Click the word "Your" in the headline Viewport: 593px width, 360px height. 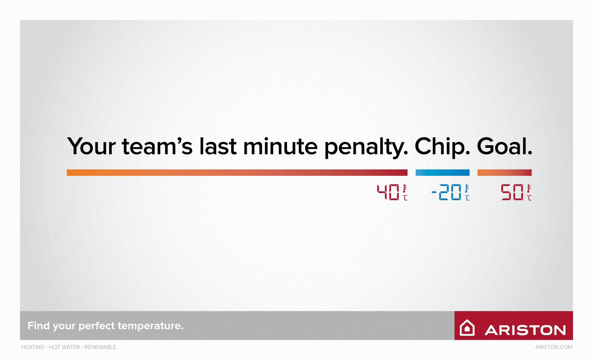coord(91,146)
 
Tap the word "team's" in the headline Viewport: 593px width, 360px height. coord(157,146)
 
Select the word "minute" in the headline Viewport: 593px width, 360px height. coord(280,146)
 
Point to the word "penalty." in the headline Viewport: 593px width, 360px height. coord(366,147)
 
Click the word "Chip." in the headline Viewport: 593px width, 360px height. coord(442,147)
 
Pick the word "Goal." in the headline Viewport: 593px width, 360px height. coord(505,146)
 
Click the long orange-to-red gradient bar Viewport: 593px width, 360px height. coord(237,173)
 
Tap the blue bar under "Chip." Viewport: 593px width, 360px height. coord(443,173)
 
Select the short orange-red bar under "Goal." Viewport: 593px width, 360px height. coord(505,173)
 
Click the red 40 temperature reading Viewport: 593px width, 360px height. coord(388,192)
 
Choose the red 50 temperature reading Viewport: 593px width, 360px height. coord(512,192)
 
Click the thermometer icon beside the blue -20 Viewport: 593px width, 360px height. coord(467,189)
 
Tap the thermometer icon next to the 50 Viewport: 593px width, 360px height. coord(529,189)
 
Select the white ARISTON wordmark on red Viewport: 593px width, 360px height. coord(525,330)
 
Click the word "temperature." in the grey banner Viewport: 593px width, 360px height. coord(151,326)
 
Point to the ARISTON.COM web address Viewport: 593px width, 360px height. coord(554,347)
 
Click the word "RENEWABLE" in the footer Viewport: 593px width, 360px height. coord(100,347)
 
